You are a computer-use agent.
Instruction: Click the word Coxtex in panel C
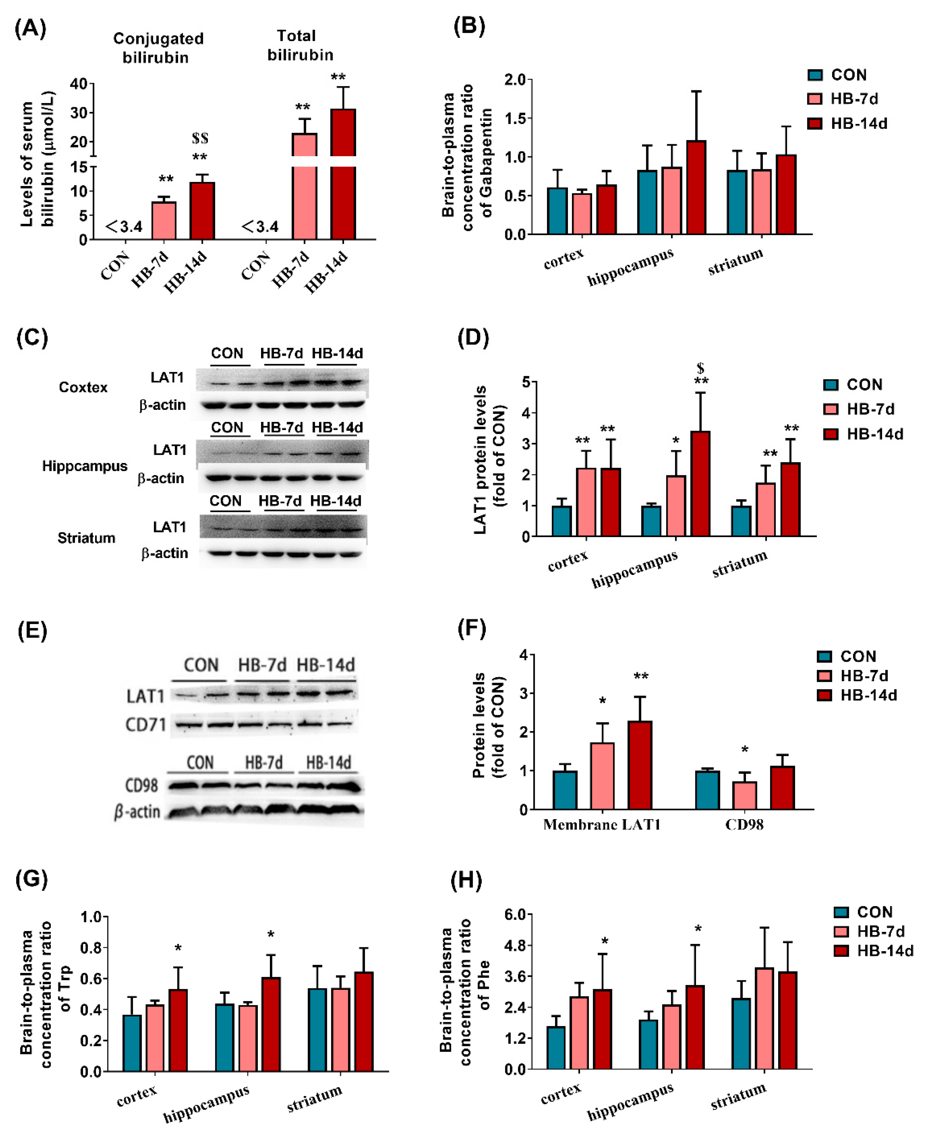[83, 387]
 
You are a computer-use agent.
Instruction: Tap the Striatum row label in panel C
[86, 538]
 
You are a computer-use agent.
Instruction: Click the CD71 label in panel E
[145, 725]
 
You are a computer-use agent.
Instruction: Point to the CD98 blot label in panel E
[141, 785]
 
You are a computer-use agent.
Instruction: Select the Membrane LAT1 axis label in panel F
[602, 824]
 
